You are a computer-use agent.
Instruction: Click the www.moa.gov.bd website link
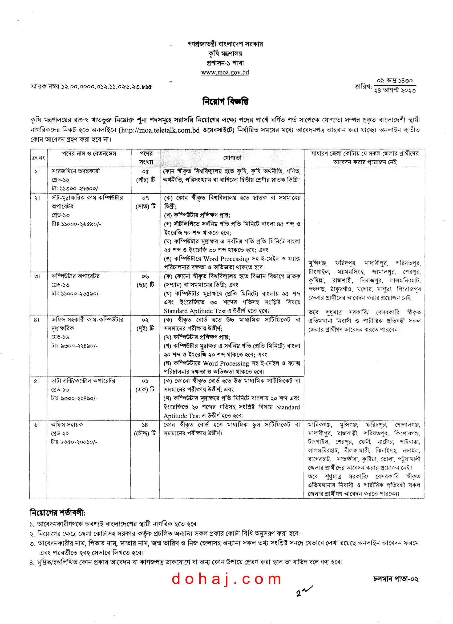225,72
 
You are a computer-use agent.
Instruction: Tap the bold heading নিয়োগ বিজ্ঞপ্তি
225,102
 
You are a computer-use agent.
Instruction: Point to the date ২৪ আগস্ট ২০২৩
395,90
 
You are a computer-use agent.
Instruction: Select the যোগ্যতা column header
232,158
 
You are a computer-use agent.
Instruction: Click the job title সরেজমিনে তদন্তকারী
76,171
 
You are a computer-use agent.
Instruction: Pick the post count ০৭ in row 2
145,197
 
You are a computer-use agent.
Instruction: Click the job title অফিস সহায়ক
67,424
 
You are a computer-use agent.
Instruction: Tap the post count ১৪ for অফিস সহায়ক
145,424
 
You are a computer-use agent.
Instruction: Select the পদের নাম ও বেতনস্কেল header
89,153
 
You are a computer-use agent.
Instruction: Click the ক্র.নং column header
38,158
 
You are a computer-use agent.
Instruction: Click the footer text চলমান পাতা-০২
395,579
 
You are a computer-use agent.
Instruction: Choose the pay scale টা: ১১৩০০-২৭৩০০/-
76,188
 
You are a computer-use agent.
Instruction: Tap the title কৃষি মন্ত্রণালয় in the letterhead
225,54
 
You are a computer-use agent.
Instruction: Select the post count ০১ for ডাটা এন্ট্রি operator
145,381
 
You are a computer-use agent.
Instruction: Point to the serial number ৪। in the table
37,320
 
